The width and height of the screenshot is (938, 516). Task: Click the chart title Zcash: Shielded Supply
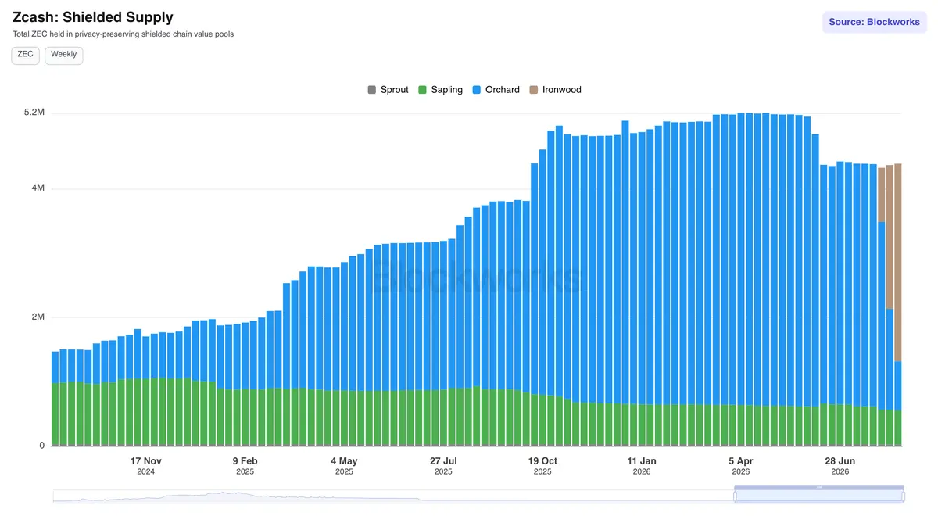click(x=92, y=17)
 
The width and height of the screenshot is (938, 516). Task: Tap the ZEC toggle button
click(x=26, y=56)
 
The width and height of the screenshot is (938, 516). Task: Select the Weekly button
click(x=63, y=56)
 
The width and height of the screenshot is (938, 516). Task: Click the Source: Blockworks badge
click(x=875, y=22)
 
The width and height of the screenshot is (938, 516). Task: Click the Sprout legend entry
click(x=388, y=90)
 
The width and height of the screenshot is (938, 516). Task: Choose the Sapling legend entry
click(x=440, y=90)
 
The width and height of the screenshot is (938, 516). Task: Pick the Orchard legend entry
click(x=496, y=90)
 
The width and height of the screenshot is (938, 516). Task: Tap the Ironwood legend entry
click(x=555, y=90)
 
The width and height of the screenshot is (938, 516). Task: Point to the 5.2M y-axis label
click(x=34, y=113)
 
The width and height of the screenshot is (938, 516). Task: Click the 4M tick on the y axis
click(x=38, y=188)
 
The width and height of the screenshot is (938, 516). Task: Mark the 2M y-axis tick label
click(x=38, y=317)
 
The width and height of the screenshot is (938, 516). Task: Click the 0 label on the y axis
click(x=42, y=446)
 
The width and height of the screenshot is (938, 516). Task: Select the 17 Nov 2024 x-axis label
click(x=145, y=466)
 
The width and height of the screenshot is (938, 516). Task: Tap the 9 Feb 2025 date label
click(x=245, y=466)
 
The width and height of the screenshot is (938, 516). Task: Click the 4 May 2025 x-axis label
click(x=344, y=466)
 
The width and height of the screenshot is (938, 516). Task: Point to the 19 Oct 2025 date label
click(x=542, y=466)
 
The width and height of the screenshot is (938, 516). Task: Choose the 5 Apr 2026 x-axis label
click(x=741, y=466)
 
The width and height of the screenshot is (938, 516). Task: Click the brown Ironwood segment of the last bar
click(x=898, y=263)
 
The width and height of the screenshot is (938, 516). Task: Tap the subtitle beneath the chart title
click(x=124, y=34)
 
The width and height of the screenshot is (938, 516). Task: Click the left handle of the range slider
click(x=735, y=496)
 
